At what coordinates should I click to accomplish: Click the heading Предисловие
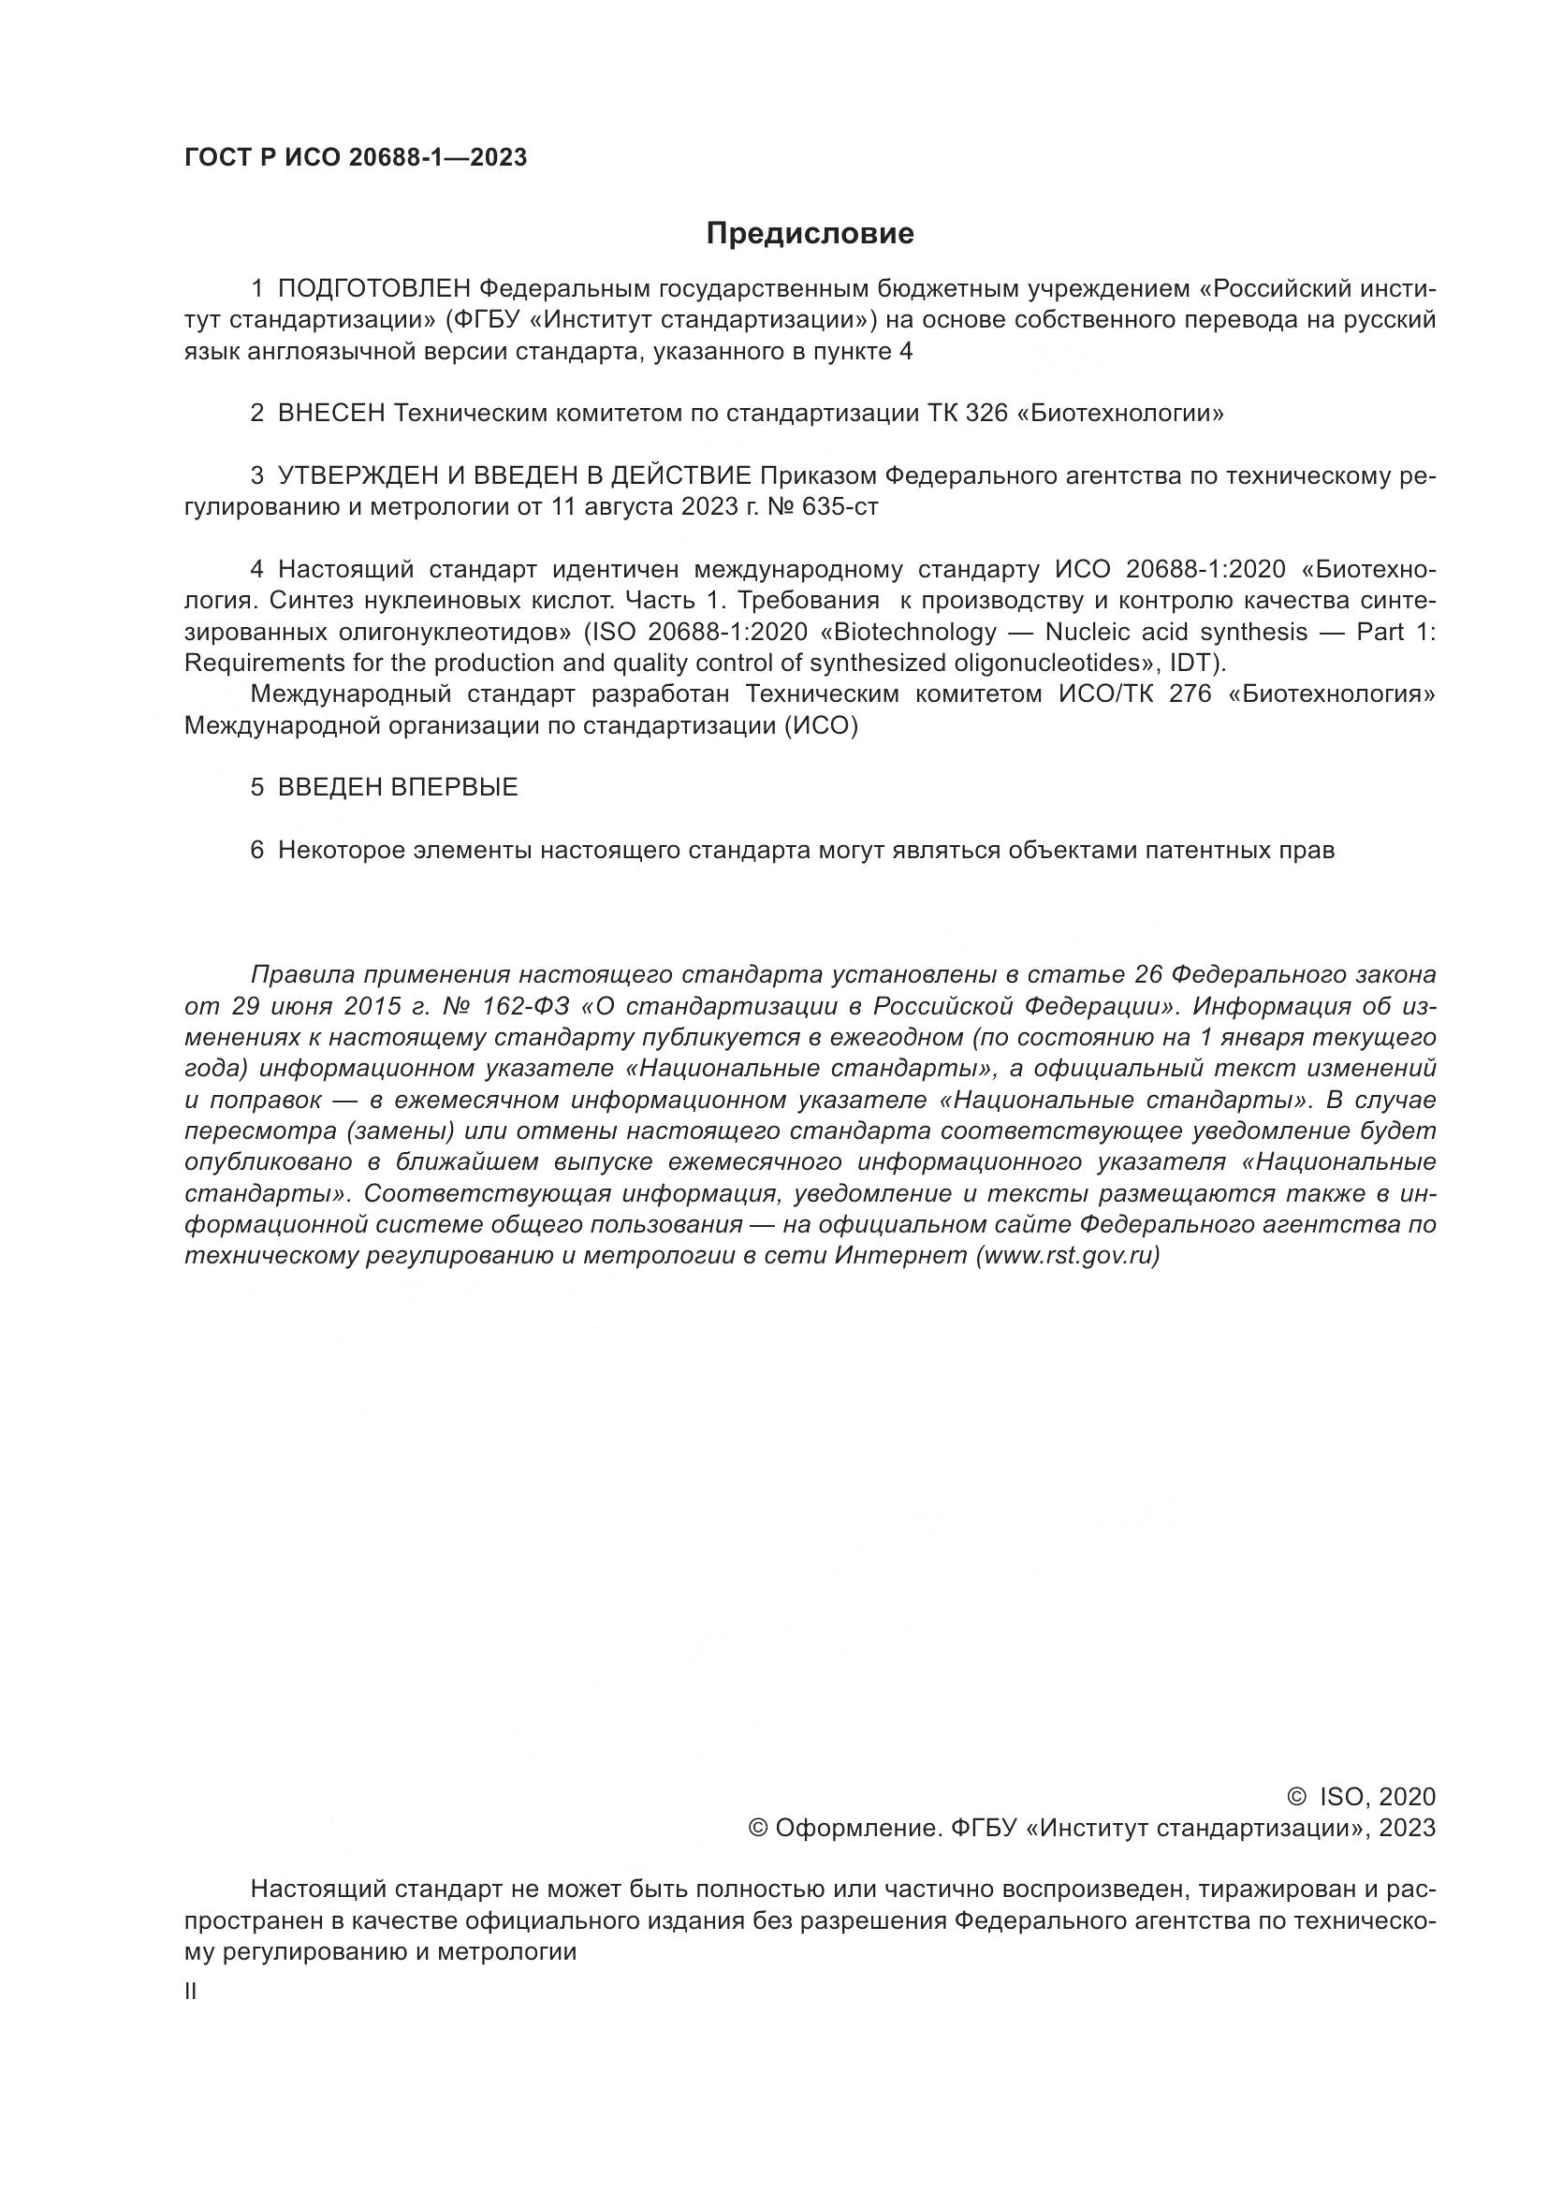coord(810,234)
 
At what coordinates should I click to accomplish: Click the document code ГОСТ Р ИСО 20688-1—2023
coord(356,158)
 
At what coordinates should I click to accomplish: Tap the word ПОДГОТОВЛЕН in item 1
coord(374,289)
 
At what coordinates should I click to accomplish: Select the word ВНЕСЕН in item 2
coord(330,414)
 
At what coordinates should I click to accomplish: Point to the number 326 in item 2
coord(986,414)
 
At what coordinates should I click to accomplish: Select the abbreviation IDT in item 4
coord(1190,663)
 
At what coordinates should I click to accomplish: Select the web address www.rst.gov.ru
coord(1068,1256)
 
